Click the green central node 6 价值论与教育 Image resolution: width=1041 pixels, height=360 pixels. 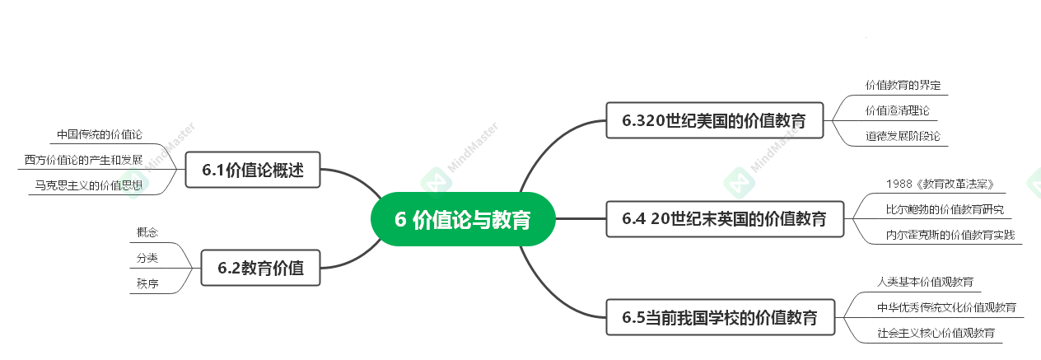463,219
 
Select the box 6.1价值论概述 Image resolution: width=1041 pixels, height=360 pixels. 253,171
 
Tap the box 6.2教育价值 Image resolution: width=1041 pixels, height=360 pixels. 260,268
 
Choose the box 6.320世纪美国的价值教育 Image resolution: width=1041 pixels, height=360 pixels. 714,120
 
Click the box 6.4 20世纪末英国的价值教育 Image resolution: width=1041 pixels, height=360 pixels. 725,218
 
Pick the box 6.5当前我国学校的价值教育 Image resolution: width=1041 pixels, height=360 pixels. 720,317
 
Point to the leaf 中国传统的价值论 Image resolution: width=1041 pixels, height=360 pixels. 100,134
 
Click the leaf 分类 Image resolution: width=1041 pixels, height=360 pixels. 147,258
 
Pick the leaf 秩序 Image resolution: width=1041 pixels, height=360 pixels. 147,283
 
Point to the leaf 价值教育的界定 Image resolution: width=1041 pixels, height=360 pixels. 903,85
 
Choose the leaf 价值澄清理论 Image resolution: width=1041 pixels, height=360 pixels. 897,110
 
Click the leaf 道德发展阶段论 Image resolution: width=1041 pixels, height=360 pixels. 903,135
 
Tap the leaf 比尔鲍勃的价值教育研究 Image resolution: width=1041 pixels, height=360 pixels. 945,208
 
